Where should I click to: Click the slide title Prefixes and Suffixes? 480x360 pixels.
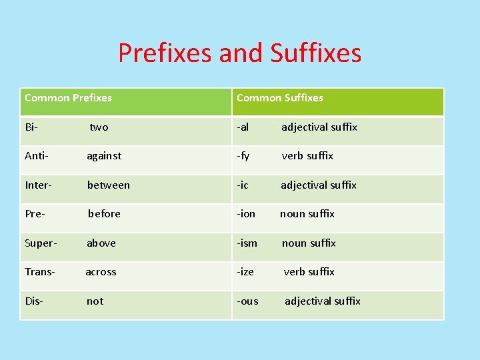239,53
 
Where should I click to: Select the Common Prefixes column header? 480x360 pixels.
68,98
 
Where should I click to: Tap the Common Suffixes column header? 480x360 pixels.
279,98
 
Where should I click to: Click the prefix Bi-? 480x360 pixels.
31,127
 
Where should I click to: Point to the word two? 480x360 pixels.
99,127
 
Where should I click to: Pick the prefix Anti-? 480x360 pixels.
37,156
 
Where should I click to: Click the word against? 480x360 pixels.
104,156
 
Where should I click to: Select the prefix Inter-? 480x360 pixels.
39,185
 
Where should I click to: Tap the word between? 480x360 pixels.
108,185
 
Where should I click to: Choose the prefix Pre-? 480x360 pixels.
35,214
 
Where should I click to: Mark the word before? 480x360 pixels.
104,214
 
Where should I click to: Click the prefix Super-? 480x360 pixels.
41,243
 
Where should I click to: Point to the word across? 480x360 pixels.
101,272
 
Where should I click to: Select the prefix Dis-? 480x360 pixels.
34,301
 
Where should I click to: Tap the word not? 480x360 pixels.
95,301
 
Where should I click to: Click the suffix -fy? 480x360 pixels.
243,156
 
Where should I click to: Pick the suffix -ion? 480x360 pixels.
246,214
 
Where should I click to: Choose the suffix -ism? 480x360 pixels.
247,243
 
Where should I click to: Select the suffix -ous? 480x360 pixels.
247,301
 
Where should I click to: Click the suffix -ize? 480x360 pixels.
245,272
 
